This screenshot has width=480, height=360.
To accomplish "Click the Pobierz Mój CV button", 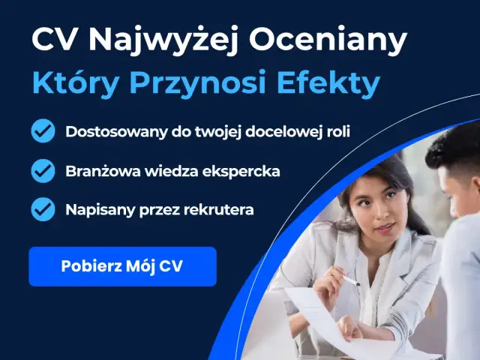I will coord(122,266).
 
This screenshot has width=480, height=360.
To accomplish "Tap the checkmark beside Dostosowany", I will coord(43,131).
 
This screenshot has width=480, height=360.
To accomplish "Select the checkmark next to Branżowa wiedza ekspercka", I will coord(43,171).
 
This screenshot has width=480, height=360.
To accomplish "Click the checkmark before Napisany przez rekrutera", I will coord(43,209).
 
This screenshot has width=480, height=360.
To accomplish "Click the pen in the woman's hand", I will coord(350,281).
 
